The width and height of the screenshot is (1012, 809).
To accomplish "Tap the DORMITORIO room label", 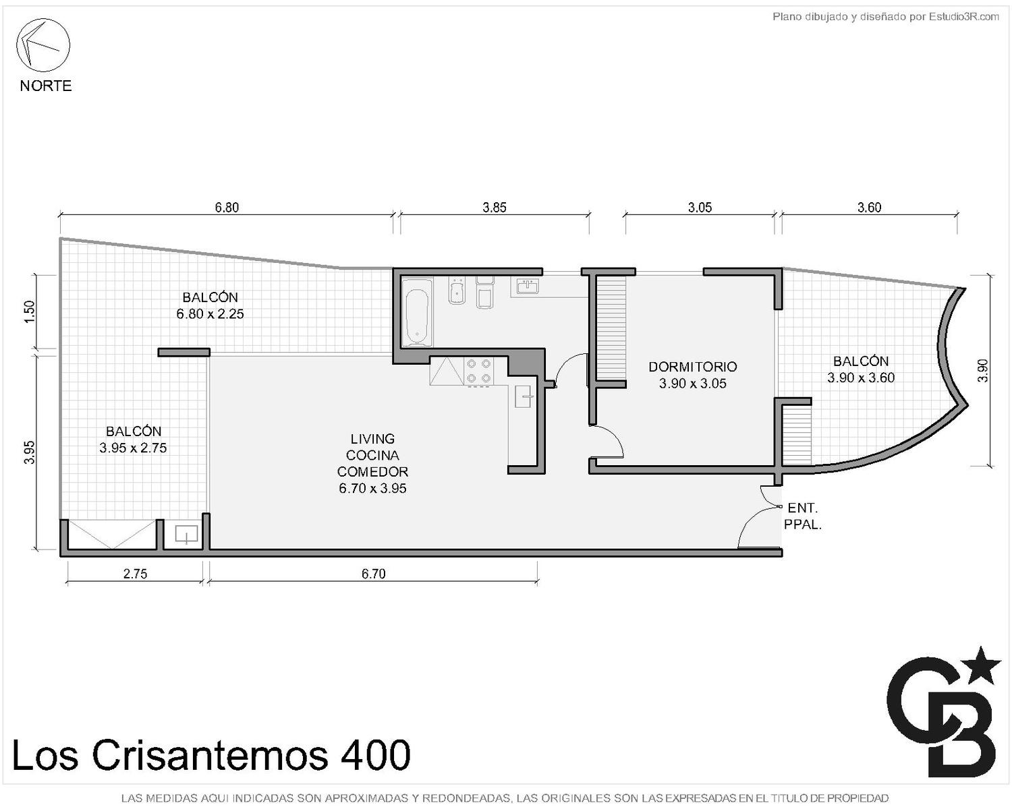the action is [x=692, y=367].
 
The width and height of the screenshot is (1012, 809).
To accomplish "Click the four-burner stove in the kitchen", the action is [x=478, y=371].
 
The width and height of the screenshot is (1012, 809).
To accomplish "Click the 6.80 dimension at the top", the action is [x=227, y=207].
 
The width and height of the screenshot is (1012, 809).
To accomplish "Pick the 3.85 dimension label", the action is [x=495, y=207].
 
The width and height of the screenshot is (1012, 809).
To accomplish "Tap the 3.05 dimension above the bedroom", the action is [x=700, y=207].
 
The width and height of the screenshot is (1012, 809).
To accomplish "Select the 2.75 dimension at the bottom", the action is [x=135, y=574].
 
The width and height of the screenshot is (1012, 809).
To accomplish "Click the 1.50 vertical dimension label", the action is [x=29, y=311].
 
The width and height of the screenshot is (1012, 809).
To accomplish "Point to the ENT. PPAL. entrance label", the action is [x=803, y=516].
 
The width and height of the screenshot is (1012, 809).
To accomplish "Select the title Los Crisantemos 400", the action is [x=211, y=756].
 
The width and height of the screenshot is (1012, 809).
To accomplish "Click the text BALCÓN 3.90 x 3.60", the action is [x=861, y=369].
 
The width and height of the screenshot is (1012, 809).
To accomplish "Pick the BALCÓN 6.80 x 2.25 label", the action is [x=210, y=305].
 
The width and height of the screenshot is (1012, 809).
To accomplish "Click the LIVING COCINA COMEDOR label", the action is [x=372, y=463].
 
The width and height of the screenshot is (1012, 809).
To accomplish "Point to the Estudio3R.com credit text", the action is [x=885, y=17].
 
